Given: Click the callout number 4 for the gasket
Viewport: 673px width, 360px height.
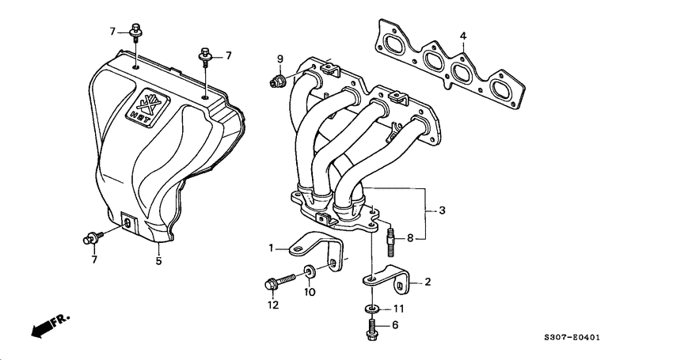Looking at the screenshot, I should click(x=463, y=36).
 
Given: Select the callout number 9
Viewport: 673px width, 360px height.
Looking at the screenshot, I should click(x=279, y=59).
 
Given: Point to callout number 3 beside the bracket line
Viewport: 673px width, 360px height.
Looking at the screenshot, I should click(x=442, y=210).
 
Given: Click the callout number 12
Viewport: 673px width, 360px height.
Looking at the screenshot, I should click(x=273, y=305).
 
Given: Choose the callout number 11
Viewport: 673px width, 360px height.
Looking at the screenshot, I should click(x=399, y=309).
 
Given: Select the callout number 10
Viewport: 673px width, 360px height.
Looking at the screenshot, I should click(x=310, y=292).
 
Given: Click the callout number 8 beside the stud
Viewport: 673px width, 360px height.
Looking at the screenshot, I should click(x=410, y=237).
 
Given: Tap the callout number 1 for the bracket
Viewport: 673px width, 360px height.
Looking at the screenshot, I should click(x=270, y=248).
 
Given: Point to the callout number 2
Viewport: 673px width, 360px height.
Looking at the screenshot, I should click(x=428, y=282).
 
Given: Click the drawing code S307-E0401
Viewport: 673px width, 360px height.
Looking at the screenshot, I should click(x=594, y=338).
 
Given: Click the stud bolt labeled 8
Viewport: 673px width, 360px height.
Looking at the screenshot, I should click(x=392, y=238).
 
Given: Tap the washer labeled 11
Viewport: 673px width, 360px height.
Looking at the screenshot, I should click(x=371, y=309).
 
